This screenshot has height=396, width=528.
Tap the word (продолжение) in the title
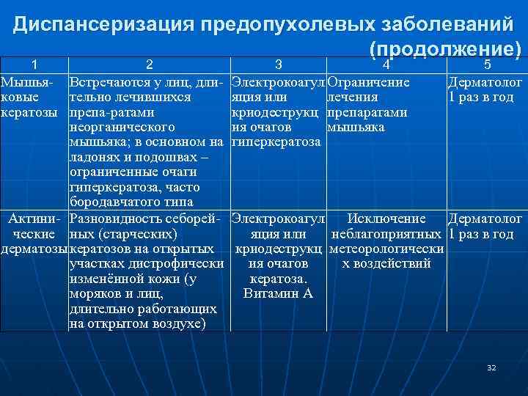[445, 48]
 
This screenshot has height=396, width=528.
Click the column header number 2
[149, 65]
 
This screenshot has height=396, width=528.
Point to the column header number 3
[278, 65]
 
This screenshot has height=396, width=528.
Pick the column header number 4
[386, 65]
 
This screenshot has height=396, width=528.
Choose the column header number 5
[487, 65]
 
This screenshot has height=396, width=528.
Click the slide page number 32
[491, 367]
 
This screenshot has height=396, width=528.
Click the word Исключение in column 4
[386, 219]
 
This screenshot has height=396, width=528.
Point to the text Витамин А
[278, 294]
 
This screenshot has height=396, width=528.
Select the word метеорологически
[386, 249]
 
